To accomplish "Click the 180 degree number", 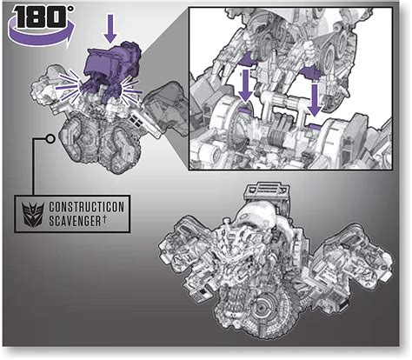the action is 41,17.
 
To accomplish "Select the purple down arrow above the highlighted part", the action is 110,30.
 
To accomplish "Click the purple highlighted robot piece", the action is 110,70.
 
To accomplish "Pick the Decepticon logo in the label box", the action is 33,215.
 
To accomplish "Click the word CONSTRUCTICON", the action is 86,207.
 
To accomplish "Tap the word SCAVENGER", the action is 75,221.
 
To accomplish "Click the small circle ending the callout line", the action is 50,139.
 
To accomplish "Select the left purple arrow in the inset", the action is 245,86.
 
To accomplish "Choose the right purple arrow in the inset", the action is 315,99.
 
